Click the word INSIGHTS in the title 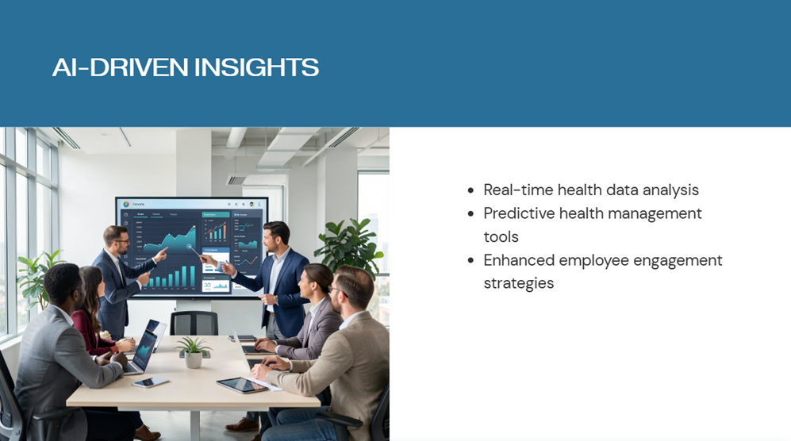256,67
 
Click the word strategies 519,284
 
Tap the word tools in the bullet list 501,236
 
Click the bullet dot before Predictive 470,214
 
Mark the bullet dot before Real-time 470,190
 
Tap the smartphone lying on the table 150,382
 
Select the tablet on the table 242,385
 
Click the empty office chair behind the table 194,323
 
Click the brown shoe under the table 243,425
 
